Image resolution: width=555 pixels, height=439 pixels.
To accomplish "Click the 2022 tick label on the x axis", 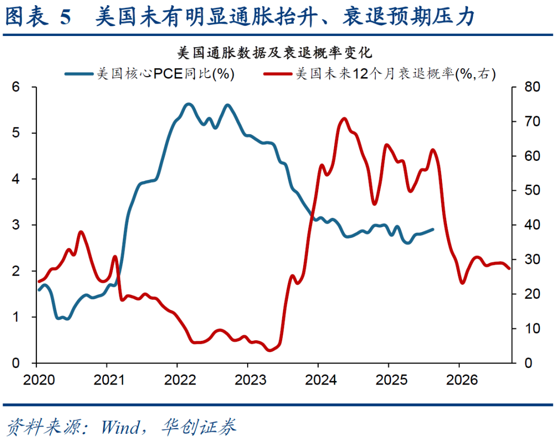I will point(177,380).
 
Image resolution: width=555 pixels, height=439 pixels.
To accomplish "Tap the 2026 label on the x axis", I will point(459,380).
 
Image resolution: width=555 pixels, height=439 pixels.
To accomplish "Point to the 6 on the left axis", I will point(16,87).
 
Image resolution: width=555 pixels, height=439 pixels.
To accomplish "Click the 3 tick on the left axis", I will point(16,225).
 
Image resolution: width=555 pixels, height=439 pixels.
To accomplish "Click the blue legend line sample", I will point(80,74).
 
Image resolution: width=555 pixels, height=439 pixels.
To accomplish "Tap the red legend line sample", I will point(278,74).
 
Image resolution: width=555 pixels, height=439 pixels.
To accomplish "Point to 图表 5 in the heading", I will point(38,17).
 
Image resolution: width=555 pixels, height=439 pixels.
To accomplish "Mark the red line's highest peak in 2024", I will point(344,119).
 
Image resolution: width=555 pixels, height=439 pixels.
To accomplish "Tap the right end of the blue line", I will point(433,229).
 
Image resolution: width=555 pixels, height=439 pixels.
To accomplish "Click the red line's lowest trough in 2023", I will point(270,351).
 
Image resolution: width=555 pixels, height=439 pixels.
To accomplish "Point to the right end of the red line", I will point(509,268).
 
